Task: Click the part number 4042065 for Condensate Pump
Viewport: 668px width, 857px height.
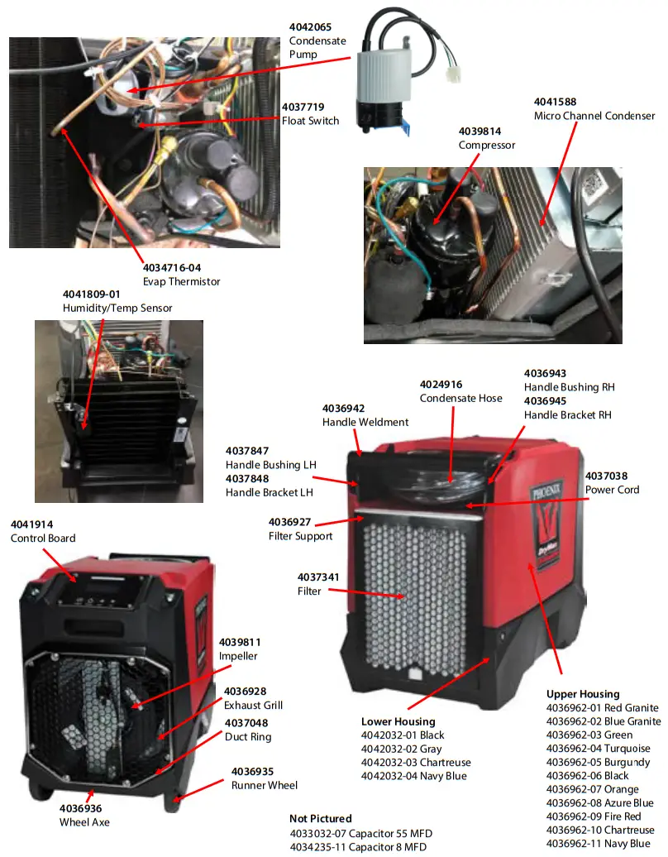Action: (x=311, y=27)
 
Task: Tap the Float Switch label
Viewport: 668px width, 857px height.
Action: (x=310, y=121)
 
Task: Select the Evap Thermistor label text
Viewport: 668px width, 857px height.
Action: (x=181, y=281)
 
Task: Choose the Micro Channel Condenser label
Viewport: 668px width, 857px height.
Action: (x=594, y=116)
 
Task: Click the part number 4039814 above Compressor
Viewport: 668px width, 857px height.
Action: (x=480, y=131)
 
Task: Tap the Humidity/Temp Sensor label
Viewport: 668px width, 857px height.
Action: (x=117, y=308)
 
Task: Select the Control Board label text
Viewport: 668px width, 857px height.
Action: (x=43, y=539)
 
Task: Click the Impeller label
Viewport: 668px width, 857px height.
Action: (x=239, y=656)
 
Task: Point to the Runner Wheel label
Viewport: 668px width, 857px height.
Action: (x=265, y=785)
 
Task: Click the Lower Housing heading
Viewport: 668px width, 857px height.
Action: (x=398, y=721)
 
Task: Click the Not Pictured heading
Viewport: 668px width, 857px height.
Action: (x=320, y=819)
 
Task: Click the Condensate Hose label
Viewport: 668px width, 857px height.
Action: (x=460, y=398)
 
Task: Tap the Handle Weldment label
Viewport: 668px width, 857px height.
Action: (x=365, y=422)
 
